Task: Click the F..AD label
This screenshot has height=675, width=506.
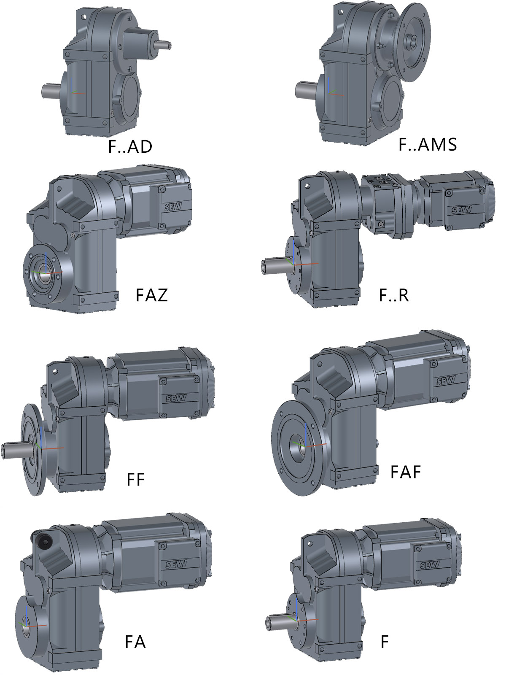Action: coord(130,147)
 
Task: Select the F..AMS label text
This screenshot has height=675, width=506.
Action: coord(428,145)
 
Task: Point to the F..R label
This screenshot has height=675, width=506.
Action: coord(394,295)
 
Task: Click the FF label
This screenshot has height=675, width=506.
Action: coord(135,479)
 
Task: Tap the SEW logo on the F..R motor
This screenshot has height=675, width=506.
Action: coord(462,211)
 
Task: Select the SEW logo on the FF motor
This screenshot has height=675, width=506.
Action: coord(176,398)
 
